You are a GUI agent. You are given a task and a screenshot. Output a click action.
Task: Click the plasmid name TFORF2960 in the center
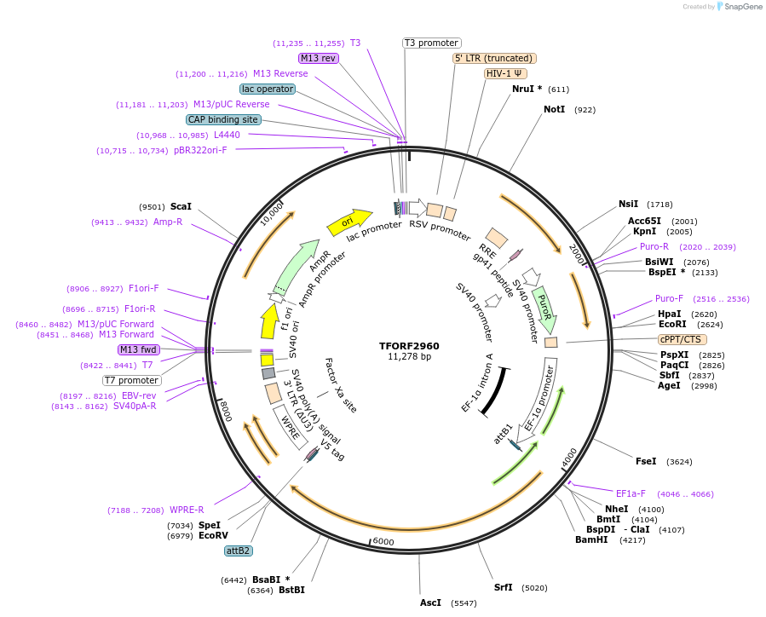(x=409, y=346)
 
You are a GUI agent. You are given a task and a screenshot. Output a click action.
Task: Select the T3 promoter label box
(x=431, y=43)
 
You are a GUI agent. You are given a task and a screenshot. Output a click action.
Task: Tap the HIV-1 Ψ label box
(x=505, y=73)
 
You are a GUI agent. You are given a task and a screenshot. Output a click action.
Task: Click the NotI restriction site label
(x=554, y=109)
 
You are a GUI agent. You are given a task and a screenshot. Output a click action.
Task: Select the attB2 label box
(x=238, y=551)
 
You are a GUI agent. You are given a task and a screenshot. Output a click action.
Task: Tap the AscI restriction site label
(x=430, y=603)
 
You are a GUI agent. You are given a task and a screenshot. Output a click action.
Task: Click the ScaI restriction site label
(x=181, y=206)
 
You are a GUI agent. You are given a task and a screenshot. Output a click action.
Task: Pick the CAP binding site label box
(x=223, y=120)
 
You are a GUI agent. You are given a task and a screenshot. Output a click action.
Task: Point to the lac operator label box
(x=268, y=89)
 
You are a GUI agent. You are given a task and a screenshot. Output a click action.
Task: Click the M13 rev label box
(x=319, y=58)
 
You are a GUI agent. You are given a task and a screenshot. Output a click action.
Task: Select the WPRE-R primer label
(x=187, y=510)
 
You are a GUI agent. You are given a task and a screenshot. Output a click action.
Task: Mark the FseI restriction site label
(x=646, y=461)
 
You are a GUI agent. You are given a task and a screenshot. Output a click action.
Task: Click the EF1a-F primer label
(x=631, y=493)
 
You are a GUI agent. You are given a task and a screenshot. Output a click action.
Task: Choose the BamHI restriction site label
(x=591, y=539)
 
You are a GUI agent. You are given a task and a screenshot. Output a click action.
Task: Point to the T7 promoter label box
(x=132, y=380)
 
